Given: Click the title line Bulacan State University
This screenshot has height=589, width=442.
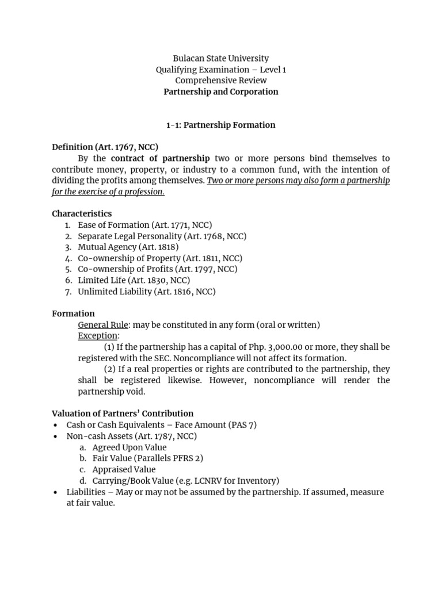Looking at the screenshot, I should [221, 58].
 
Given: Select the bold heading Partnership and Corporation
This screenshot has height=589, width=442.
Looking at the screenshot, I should [221, 91].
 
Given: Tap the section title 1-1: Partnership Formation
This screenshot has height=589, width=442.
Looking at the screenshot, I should [221, 125].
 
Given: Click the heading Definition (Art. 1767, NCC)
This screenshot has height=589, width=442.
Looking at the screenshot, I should [105, 147].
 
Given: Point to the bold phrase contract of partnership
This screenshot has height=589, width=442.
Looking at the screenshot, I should [161, 158].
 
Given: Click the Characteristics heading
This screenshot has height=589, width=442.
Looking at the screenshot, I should [82, 213].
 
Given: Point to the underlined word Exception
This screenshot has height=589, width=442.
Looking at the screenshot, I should [98, 336].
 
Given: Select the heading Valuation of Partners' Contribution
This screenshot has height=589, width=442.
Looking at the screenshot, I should [123, 414].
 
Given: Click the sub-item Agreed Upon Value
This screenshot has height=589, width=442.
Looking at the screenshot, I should [129, 448].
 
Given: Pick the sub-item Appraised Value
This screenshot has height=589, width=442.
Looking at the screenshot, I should [124, 469].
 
